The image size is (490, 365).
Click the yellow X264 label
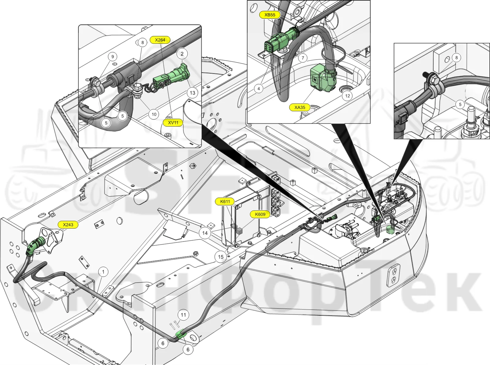coord(160,40)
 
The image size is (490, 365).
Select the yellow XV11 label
coord(173,123)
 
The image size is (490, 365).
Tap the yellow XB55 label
coord(270,15)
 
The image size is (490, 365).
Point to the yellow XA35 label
coord(300,108)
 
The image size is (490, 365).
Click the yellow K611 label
coord(225,201)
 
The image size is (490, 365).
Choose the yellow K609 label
coord(260,214)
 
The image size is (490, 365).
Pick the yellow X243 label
coord(68,225)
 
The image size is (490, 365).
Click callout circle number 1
coord(103,272)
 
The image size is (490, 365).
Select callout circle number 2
coord(182,54)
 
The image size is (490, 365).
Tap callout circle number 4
coord(259,89)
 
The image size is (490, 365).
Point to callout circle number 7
coord(303,58)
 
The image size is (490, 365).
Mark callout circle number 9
coord(113,57)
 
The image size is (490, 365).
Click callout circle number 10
coord(154,114)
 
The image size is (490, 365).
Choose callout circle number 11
coord(183,315)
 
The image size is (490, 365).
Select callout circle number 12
coord(348,96)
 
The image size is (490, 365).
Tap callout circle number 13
coord(192,93)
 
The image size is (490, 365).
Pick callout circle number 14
coord(205,233)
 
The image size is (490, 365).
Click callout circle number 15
coord(221,257)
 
